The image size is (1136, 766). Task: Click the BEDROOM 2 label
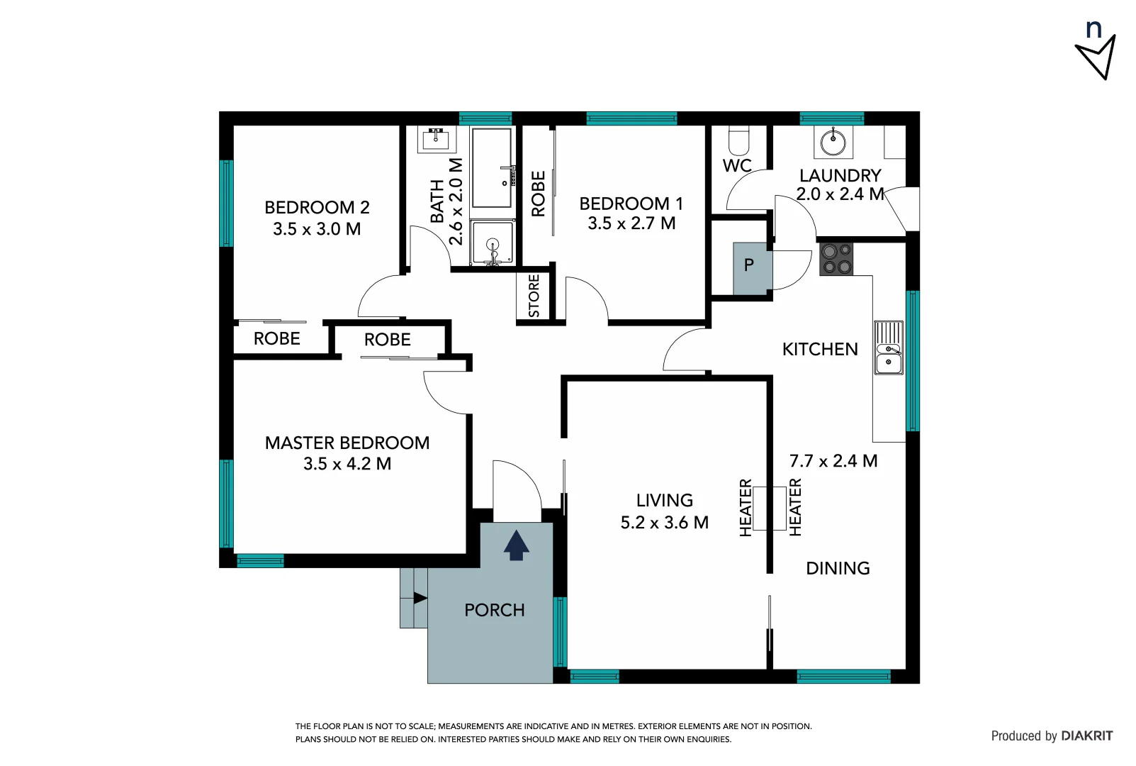[317, 208]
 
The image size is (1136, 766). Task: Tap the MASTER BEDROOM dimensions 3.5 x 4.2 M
[347, 464]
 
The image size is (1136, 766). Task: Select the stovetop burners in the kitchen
[836, 259]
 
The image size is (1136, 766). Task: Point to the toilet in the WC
[738, 140]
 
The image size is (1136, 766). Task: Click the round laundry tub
[833, 142]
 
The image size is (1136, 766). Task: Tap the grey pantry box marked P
[749, 267]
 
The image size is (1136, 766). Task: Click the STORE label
[534, 296]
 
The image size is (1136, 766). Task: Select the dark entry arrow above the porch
[516, 545]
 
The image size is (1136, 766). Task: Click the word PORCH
[494, 610]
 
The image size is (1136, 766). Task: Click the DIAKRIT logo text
[1087, 736]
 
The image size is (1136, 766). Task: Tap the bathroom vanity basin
[436, 139]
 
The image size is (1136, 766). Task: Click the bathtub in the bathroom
[491, 167]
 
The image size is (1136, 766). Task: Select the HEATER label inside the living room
[746, 508]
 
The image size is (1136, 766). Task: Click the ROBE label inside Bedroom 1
[539, 194]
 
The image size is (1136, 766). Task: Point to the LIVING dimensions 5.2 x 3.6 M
[664, 523]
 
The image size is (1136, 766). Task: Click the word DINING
[838, 568]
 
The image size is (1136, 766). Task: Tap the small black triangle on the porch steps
[420, 598]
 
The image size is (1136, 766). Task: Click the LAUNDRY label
[840, 175]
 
